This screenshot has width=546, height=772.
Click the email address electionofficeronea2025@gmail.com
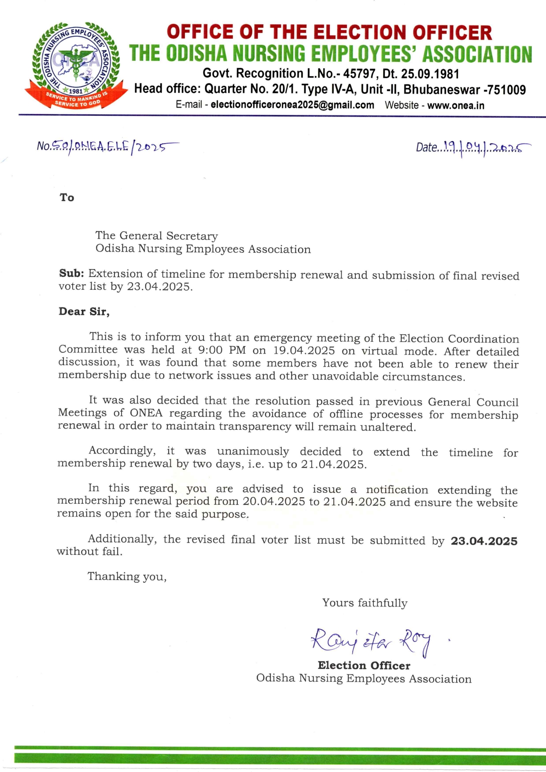(x=292, y=105)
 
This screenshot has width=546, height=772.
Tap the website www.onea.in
(x=456, y=106)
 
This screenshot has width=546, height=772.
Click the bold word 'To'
(x=67, y=197)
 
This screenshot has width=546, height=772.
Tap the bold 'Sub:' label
(x=71, y=273)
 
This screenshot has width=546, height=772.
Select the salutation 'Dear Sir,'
(x=84, y=312)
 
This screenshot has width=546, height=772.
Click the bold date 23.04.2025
(x=484, y=541)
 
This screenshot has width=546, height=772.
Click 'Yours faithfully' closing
(x=365, y=603)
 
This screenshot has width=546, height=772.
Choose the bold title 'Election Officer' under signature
(x=364, y=665)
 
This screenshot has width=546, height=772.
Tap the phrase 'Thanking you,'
(x=127, y=576)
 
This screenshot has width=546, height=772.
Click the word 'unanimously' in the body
(x=253, y=451)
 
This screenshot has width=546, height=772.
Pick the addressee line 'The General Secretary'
(x=157, y=236)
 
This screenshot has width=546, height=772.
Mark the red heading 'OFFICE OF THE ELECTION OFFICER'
(x=329, y=33)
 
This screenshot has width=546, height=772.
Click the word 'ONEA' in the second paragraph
(x=146, y=413)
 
